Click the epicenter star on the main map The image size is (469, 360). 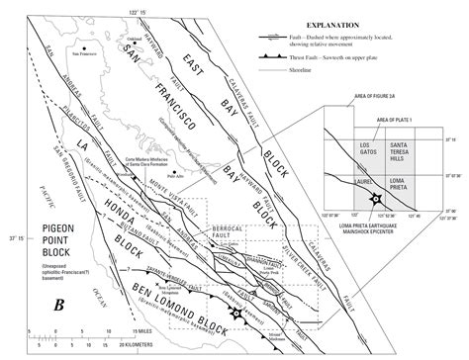click(x=235, y=314)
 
